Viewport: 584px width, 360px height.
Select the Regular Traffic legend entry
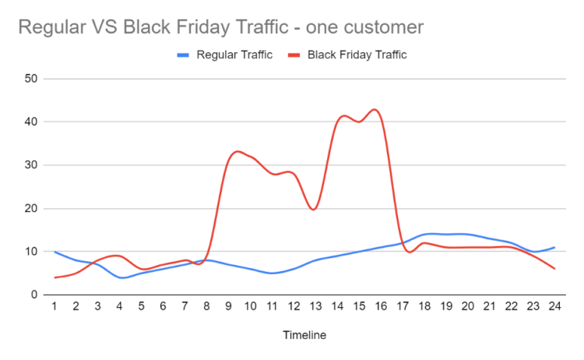tap(234, 55)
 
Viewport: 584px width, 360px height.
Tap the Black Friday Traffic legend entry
tap(357, 55)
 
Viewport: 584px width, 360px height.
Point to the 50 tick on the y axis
tap(31, 79)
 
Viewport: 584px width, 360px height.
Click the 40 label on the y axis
tap(31, 122)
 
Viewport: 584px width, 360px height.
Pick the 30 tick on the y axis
tap(31, 165)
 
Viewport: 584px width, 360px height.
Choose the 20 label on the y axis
tap(31, 208)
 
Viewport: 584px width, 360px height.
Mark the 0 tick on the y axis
tap(35, 295)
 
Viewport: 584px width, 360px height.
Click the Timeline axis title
tap(304, 336)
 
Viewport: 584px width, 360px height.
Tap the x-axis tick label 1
tap(55, 308)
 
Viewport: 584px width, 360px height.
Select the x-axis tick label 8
tap(206, 308)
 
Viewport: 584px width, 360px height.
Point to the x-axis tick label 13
tap(314, 308)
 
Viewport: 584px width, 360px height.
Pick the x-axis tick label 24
tap(554, 308)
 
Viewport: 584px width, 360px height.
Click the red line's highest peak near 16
tap(375, 109)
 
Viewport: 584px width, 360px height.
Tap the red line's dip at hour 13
tap(314, 209)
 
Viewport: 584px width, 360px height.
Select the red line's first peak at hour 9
tap(237, 151)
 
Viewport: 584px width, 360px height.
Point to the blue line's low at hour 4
tap(120, 277)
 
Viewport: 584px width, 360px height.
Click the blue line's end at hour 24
tap(554, 248)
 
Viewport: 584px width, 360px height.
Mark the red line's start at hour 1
tap(55, 277)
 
